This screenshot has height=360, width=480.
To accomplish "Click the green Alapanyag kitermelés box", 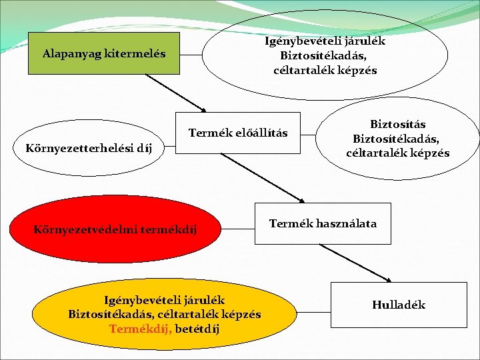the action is [x=104, y=53].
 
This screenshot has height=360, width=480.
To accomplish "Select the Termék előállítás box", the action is [x=238, y=133].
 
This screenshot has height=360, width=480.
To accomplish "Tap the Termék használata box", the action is [x=323, y=223].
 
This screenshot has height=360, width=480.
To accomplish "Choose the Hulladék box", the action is [x=398, y=305].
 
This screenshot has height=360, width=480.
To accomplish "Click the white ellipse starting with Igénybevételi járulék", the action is [x=325, y=55].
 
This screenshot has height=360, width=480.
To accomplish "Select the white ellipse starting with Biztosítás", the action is [x=397, y=139].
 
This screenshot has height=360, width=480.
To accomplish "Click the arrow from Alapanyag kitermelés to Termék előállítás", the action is [x=176, y=91].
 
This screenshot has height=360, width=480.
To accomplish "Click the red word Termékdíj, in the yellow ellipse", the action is [x=140, y=329].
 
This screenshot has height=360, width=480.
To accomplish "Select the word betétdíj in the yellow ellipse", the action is [x=197, y=329].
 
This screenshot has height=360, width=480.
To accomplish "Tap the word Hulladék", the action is [x=398, y=305].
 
